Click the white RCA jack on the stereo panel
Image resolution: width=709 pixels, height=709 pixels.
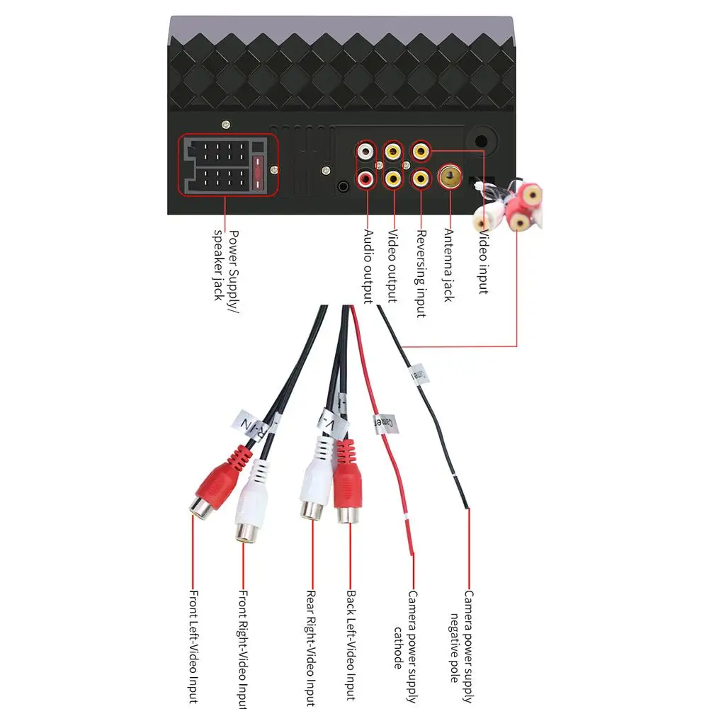(x=366, y=151)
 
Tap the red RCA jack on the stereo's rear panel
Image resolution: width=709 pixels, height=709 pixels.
(x=366, y=179)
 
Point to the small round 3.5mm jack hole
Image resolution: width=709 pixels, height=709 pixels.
(x=344, y=188)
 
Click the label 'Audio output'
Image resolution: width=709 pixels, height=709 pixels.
(x=368, y=266)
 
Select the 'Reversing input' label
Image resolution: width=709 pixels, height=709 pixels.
(x=421, y=273)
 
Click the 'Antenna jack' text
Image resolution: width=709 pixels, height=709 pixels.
(x=448, y=264)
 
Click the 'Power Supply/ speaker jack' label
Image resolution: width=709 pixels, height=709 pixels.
(x=225, y=264)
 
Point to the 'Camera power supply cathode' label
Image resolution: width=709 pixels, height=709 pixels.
(x=405, y=630)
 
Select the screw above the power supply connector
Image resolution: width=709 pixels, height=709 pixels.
(x=226, y=125)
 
